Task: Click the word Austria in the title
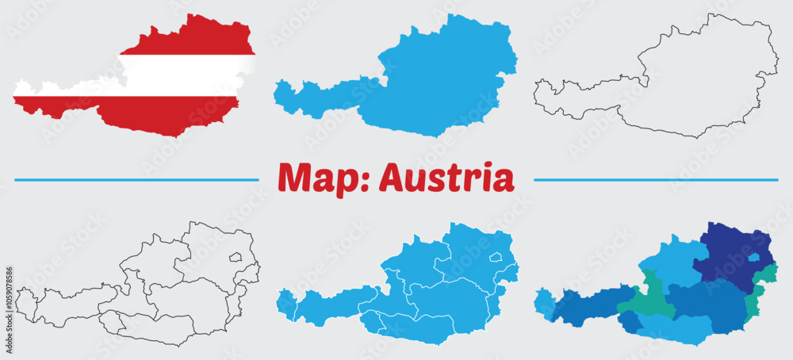[446, 178]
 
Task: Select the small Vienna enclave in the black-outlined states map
[235, 257]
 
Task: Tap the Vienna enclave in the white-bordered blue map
[496, 257]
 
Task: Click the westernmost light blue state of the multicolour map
[545, 304]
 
